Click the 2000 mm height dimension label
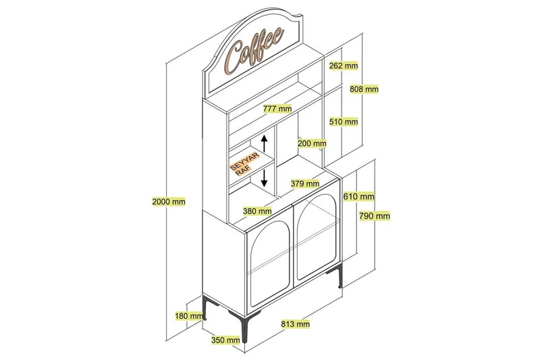click(169, 201)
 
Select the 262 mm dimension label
click(344, 66)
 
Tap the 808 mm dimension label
click(364, 89)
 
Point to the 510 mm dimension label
click(344, 122)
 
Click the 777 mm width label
click(277, 109)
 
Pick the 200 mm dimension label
click(312, 143)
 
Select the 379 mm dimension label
click(304, 183)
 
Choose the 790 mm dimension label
click(375, 216)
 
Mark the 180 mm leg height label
click(188, 315)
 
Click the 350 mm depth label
click(225, 340)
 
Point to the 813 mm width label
click(295, 324)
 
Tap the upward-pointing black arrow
click(265, 144)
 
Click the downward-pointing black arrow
click(265, 178)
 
